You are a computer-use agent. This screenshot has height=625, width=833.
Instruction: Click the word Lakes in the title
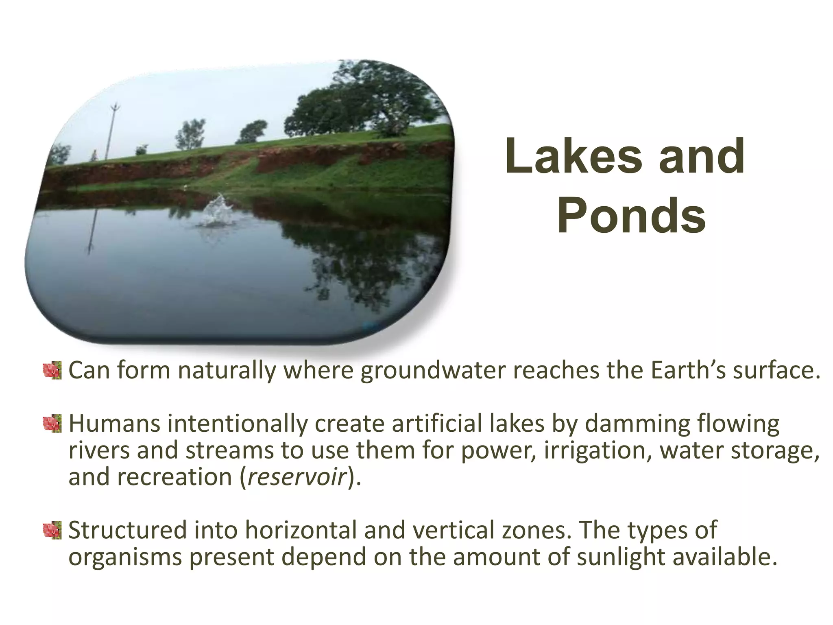574,156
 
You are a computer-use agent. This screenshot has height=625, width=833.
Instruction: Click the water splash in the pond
216,212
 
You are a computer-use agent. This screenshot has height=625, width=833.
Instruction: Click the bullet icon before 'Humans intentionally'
52,424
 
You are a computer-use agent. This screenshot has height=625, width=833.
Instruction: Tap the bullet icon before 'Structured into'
52,530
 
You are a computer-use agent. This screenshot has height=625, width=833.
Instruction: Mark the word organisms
125,557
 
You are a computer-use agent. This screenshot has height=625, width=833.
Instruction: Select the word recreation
175,477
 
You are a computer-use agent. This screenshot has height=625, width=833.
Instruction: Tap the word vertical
456,530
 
